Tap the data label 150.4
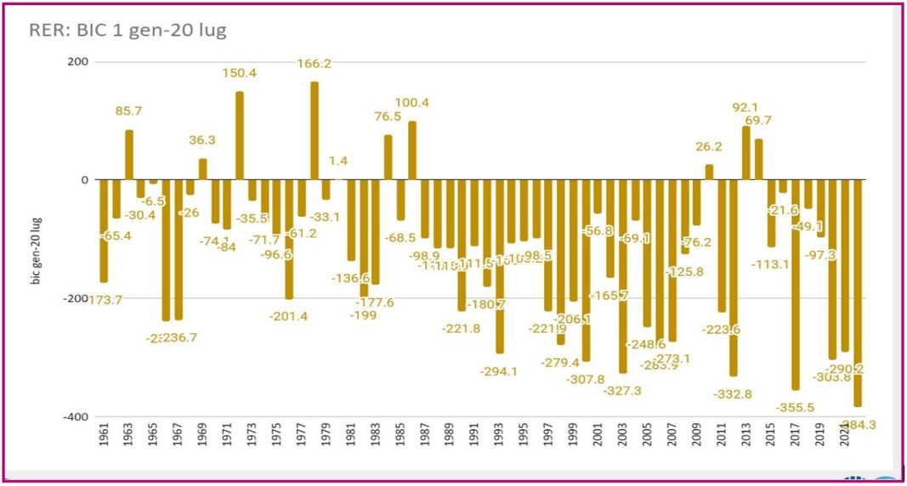240,74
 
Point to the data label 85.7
130,111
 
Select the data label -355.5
795,408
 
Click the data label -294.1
499,370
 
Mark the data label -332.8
733,394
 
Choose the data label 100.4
412,104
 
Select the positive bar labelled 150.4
240,136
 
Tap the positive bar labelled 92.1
746,153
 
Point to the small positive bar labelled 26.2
709,172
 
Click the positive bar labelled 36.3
202,169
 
